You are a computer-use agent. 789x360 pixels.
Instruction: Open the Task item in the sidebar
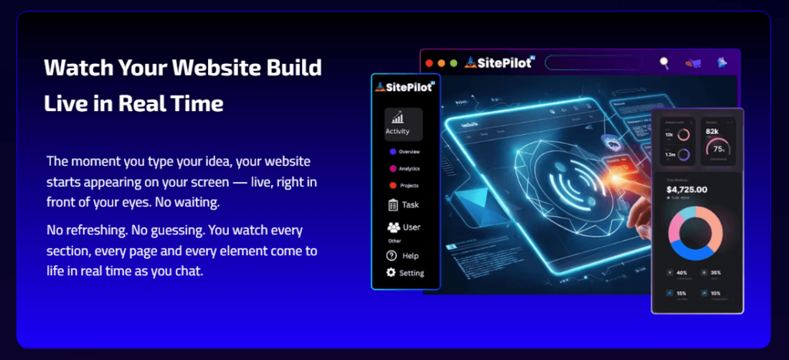coord(404,205)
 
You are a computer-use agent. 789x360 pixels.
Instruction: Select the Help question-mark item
coord(403,255)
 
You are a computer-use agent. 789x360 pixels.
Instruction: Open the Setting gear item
coord(405,273)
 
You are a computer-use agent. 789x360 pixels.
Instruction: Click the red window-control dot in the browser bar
coord(428,63)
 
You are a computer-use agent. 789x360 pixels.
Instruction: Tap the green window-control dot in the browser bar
coord(453,63)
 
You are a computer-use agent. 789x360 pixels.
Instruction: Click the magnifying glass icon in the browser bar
coord(664,63)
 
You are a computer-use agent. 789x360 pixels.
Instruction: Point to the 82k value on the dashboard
coord(712,132)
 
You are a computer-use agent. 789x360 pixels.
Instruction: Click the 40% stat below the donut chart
coord(682,272)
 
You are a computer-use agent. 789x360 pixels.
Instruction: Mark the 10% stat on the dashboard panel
coord(715,294)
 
